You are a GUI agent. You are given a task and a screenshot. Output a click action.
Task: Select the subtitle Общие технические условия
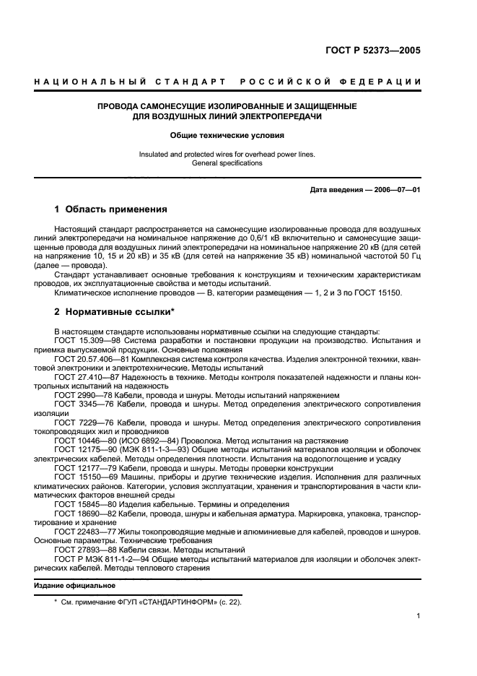[x=227, y=135]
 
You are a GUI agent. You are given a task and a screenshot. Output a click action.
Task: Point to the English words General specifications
[x=227, y=163]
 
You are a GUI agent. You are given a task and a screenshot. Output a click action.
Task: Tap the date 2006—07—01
[x=396, y=190]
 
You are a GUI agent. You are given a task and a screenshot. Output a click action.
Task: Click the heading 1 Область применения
[x=111, y=209]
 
